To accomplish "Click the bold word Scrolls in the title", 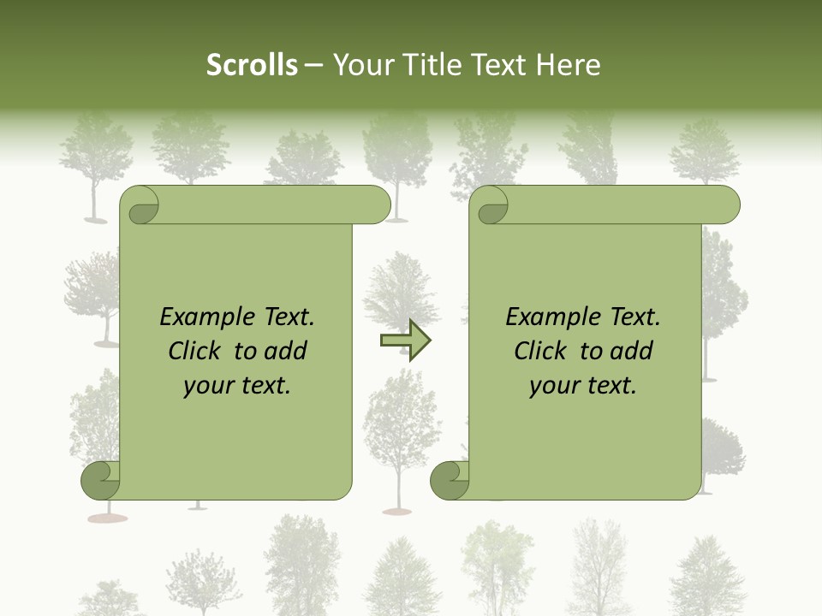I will [253, 65].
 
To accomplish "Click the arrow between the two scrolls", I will [405, 341].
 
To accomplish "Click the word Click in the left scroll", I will [194, 351].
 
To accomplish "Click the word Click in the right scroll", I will [540, 351].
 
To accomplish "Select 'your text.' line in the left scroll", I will [237, 386].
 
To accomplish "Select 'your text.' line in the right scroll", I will [583, 386].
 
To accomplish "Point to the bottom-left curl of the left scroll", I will [101, 481].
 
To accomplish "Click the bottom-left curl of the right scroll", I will [450, 481].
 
